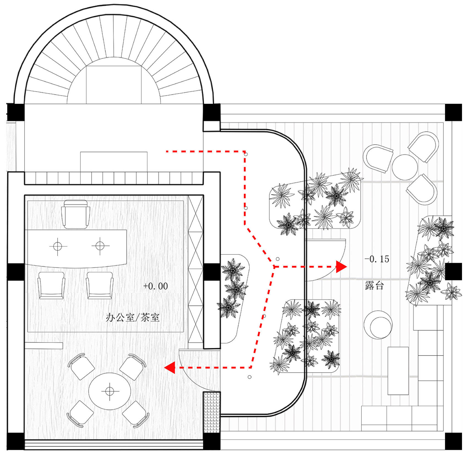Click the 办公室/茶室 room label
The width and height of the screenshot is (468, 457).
click(132, 318)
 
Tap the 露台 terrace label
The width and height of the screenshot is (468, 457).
click(374, 286)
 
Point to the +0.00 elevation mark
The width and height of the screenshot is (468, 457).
click(155, 286)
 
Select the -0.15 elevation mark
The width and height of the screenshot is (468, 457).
click(377, 259)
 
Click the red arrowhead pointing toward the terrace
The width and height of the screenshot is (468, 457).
click(341, 267)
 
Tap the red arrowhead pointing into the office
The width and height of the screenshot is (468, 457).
click(170, 367)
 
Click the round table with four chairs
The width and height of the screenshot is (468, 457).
click(110, 391)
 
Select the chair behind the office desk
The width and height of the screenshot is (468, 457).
click(76, 214)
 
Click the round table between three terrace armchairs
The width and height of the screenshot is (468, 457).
click(404, 167)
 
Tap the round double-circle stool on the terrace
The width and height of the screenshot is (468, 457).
click(378, 325)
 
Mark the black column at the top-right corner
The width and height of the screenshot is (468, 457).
click(453, 112)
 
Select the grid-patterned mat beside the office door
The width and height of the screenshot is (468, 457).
click(212, 412)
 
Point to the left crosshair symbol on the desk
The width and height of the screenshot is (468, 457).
click(58, 246)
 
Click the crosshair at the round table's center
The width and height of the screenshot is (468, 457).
click(110, 391)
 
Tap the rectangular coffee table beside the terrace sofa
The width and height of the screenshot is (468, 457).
click(398, 371)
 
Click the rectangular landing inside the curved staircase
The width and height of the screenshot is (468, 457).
click(114, 84)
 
